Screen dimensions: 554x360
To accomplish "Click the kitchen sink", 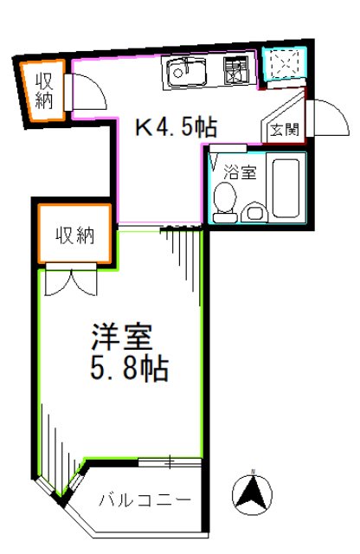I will [x=184, y=72].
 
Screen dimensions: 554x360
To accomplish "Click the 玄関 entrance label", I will [x=282, y=131].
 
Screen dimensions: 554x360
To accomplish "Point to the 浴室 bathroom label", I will [x=241, y=171].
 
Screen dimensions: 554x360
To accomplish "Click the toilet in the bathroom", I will [x=226, y=198].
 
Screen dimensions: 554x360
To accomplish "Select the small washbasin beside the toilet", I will [x=255, y=211].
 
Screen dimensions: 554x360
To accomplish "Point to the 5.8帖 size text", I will [x=128, y=370].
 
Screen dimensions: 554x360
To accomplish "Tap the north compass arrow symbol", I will [x=252, y=495].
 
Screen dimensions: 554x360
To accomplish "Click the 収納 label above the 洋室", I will [x=74, y=235].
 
